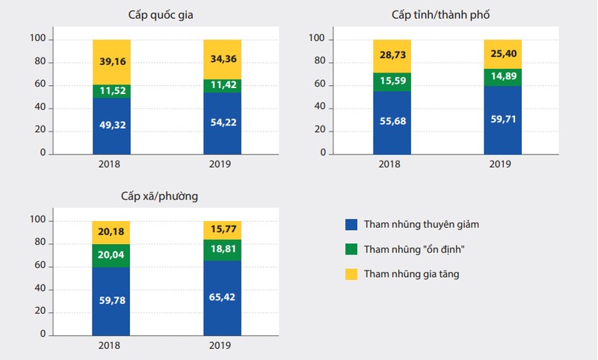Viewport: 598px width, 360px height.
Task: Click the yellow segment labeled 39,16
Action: [x=111, y=61]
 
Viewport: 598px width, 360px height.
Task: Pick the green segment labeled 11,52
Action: [x=111, y=91]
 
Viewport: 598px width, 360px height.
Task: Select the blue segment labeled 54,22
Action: [x=222, y=122]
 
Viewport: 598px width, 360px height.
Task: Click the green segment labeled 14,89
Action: [x=502, y=78]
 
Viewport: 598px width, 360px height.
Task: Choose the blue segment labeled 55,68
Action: [x=392, y=122]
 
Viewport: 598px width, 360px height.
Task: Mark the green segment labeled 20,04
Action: [x=111, y=255]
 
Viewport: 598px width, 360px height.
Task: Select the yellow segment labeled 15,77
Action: [x=222, y=230]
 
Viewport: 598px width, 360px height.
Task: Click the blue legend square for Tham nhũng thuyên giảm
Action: [x=351, y=224]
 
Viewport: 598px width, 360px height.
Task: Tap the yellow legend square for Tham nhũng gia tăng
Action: [x=351, y=274]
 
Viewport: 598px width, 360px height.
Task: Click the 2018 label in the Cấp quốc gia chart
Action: [x=111, y=164]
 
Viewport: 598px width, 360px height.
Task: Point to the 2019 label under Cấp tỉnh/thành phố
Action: [x=502, y=164]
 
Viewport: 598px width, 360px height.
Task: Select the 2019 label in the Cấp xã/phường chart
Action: [x=222, y=346]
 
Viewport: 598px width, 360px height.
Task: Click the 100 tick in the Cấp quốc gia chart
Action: [x=37, y=38]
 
